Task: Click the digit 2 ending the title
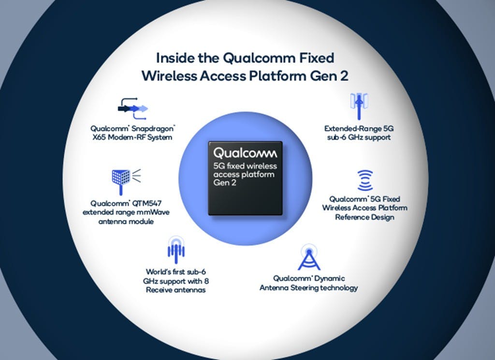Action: click(x=344, y=76)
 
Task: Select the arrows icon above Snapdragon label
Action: click(x=132, y=109)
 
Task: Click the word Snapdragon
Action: click(x=153, y=129)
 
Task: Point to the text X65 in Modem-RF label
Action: click(x=99, y=137)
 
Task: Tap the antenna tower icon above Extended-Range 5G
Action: click(x=359, y=106)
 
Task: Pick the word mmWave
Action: click(x=154, y=212)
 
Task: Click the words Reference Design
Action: click(x=364, y=217)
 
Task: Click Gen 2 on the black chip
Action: click(x=224, y=182)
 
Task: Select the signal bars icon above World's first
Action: click(x=176, y=250)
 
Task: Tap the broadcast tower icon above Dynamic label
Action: click(x=309, y=257)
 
